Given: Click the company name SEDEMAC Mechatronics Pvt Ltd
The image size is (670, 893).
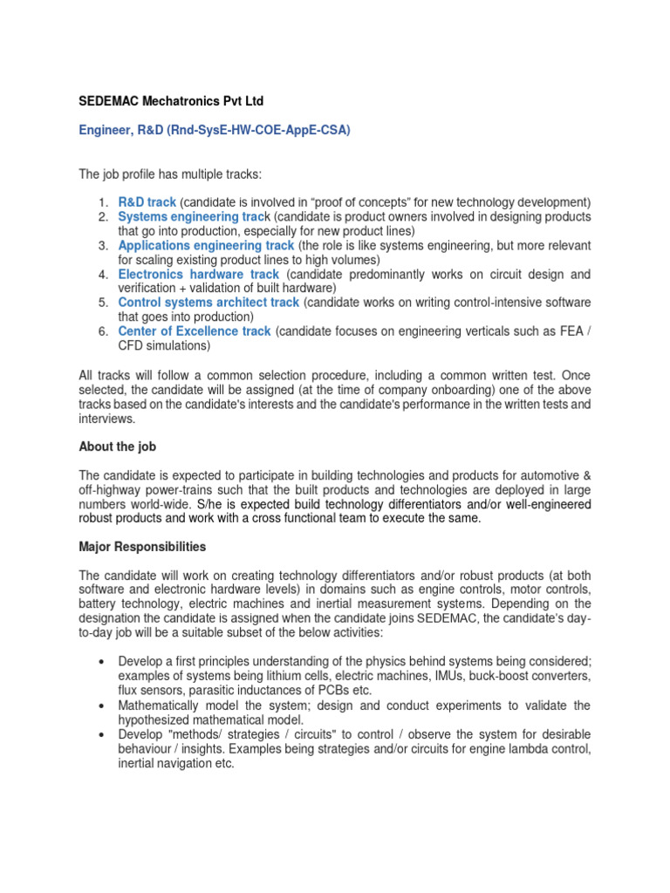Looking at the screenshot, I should (170, 101).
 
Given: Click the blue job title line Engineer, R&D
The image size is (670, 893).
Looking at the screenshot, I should (215, 130).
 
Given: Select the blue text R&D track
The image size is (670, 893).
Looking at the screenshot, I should (147, 202).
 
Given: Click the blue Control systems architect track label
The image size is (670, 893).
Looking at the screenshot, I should (209, 303).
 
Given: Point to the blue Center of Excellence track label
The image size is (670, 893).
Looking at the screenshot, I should (195, 331).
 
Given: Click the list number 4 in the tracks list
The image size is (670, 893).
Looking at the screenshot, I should (102, 274).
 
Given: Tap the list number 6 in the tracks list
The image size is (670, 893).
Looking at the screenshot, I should (102, 331).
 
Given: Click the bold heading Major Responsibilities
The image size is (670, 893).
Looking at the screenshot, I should (142, 547).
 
